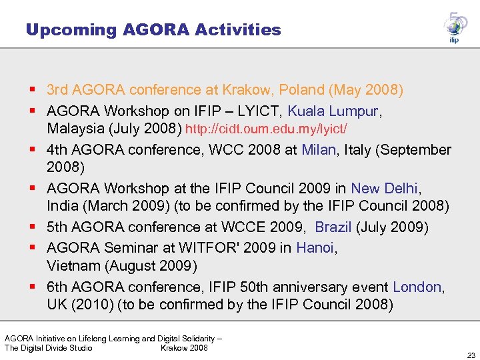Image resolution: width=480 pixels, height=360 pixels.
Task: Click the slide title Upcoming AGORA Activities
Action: pyautogui.click(x=153, y=30)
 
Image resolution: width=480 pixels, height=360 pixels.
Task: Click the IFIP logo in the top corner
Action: pyautogui.click(x=455, y=28)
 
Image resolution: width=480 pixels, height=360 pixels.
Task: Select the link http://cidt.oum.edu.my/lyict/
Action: pyautogui.click(x=266, y=128)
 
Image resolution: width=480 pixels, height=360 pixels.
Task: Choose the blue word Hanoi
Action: pyautogui.click(x=315, y=248)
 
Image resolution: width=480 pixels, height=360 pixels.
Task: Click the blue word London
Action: pyautogui.click(x=417, y=287)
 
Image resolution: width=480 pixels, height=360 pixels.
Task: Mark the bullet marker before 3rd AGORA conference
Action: pyautogui.click(x=33, y=89)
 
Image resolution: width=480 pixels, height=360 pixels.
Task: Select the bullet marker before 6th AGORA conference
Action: pyautogui.click(x=33, y=287)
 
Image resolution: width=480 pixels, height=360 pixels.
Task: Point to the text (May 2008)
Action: pyautogui.click(x=367, y=89)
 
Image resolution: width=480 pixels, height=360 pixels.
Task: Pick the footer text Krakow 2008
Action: pyautogui.click(x=184, y=347)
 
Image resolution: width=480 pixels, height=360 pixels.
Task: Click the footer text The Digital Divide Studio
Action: pyautogui.click(x=49, y=347)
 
